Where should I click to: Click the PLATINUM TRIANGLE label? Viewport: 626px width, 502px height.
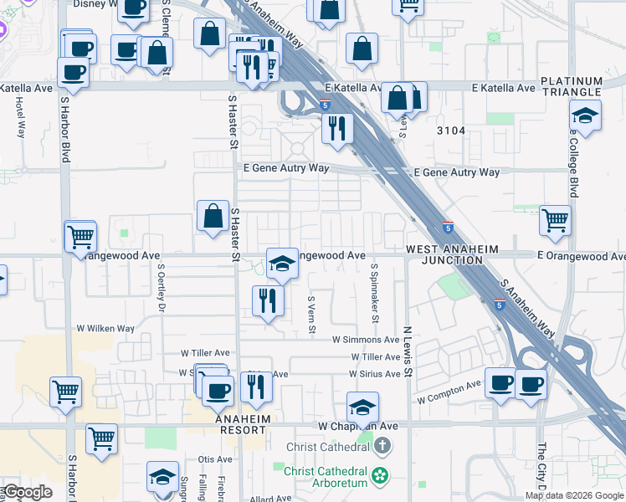(572, 86)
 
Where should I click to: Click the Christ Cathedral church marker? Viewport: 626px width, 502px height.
(383, 445)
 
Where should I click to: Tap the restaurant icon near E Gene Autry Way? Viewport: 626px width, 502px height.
(337, 129)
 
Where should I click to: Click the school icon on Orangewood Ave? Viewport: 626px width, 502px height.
(282, 263)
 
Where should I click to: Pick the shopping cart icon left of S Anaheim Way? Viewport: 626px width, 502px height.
(555, 221)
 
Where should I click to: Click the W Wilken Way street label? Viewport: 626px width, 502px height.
(105, 329)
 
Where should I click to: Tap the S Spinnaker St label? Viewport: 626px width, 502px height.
(375, 294)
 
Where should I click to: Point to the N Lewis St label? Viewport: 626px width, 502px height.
(408, 351)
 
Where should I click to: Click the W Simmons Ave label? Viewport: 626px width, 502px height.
(366, 340)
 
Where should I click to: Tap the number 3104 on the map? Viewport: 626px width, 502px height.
(450, 131)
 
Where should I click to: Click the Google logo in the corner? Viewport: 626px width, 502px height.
(28, 492)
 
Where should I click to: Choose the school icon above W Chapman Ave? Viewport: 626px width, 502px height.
(362, 407)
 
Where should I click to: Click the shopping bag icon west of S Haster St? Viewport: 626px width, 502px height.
(213, 216)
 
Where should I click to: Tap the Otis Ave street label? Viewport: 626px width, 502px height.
(215, 459)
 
